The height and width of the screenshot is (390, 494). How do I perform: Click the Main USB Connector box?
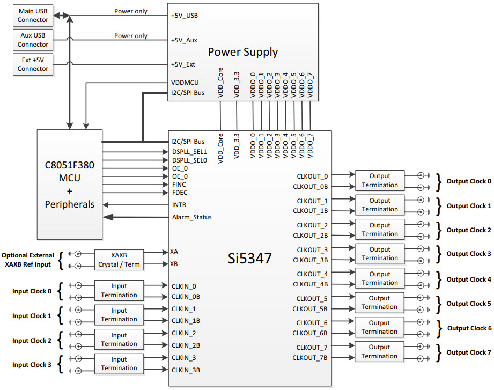33,16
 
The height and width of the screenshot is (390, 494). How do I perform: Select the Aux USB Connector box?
33,40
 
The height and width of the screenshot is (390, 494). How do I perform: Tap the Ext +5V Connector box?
33,64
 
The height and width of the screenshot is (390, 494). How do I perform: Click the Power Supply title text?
242,52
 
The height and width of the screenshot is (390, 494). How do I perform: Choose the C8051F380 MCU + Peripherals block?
69,184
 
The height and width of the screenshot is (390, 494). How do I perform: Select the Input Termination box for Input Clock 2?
119,340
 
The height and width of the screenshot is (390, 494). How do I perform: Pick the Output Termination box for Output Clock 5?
379,303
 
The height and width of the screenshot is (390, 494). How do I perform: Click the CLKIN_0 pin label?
184,286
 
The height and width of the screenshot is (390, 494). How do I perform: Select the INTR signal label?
180,205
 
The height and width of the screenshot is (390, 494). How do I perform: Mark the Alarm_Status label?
191,217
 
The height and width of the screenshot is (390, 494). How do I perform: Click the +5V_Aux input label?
184,40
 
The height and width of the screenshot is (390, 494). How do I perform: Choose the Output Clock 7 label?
469,352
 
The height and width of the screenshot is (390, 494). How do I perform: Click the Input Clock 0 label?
32,291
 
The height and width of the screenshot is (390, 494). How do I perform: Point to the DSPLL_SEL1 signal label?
189,152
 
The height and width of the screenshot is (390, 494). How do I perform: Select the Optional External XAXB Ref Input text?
28,260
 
